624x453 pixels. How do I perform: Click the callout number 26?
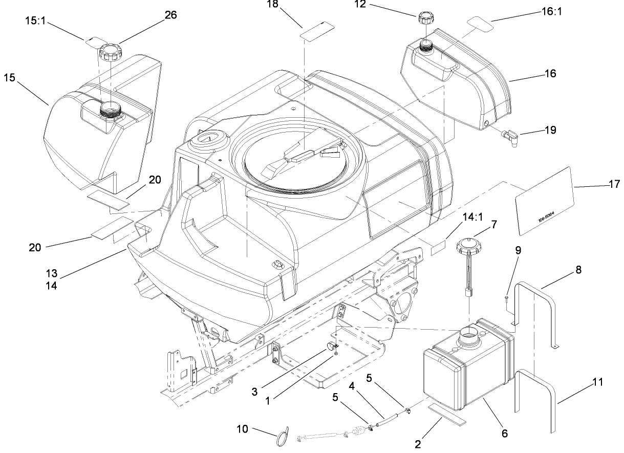coord(170,15)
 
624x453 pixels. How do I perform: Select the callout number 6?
coord(504,433)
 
